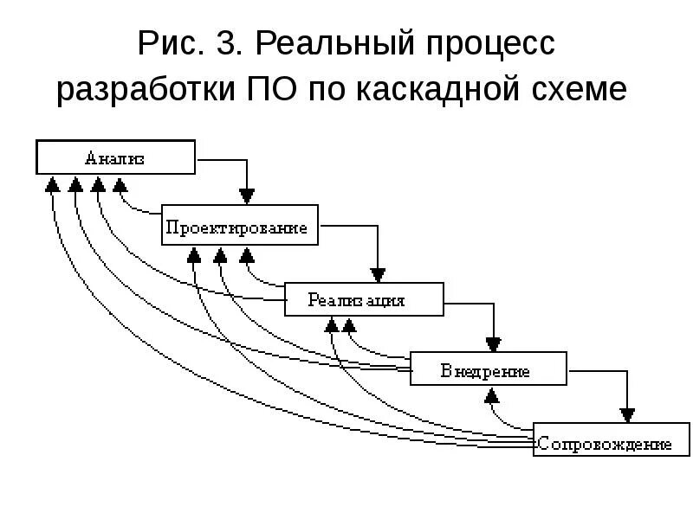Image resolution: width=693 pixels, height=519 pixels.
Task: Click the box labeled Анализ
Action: pyautogui.click(x=114, y=158)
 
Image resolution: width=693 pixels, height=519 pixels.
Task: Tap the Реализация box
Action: pyautogui.click(x=364, y=300)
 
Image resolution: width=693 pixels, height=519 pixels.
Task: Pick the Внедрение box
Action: pyautogui.click(x=489, y=369)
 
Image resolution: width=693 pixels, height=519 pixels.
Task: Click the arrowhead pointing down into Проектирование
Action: pyautogui.click(x=248, y=195)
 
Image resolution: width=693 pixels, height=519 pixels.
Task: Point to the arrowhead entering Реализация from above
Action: pyautogui.click(x=378, y=273)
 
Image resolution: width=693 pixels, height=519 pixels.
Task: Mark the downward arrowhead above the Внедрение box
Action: pyautogui.click(x=494, y=343)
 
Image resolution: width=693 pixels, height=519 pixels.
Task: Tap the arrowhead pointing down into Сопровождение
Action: pyautogui.click(x=626, y=413)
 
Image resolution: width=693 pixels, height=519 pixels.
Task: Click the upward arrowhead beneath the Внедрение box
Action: pyautogui.click(x=492, y=396)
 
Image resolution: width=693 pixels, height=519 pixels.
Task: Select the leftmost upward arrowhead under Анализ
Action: pyautogui.click(x=52, y=184)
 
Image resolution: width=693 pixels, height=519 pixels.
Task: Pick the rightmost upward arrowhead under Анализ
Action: pyautogui.click(x=120, y=184)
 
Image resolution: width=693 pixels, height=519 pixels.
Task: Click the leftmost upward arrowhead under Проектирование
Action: pyautogui.click(x=194, y=255)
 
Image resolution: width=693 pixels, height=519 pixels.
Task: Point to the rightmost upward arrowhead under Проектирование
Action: pyautogui.click(x=247, y=255)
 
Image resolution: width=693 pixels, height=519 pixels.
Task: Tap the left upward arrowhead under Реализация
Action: pyautogui.click(x=332, y=325)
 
